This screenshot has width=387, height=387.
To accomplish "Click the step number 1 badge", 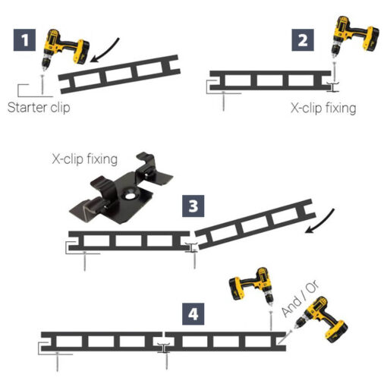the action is pyautogui.click(x=24, y=40).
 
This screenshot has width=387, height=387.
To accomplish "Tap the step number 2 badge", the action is pyautogui.click(x=303, y=40).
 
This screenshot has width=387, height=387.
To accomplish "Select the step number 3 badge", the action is pyautogui.click(x=193, y=206).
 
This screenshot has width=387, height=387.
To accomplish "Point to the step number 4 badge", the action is pyautogui.click(x=193, y=314).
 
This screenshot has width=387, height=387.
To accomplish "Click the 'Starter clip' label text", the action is pyautogui.click(x=39, y=108).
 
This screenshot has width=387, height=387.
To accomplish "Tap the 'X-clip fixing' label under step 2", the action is pyautogui.click(x=323, y=109).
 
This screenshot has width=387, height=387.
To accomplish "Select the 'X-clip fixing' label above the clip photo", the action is pyautogui.click(x=85, y=159).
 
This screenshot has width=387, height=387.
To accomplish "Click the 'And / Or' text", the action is pyautogui.click(x=300, y=298).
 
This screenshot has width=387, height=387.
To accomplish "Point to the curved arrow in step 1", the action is pyautogui.click(x=108, y=52).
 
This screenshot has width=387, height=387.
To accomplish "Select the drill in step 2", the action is pyautogui.click(x=354, y=36).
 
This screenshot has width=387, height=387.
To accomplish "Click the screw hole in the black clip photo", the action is pyautogui.click(x=130, y=196).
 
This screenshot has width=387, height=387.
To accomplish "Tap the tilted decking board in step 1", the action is pyautogui.click(x=119, y=74).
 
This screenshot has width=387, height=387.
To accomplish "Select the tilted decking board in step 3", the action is pyautogui.click(x=256, y=224).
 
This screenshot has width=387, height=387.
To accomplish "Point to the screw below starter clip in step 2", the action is pyautogui.click(x=223, y=101).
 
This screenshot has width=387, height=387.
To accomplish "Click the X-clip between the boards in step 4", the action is pyautogui.click(x=164, y=348).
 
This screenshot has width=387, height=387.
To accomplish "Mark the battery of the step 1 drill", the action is pyautogui.click(x=81, y=52).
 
